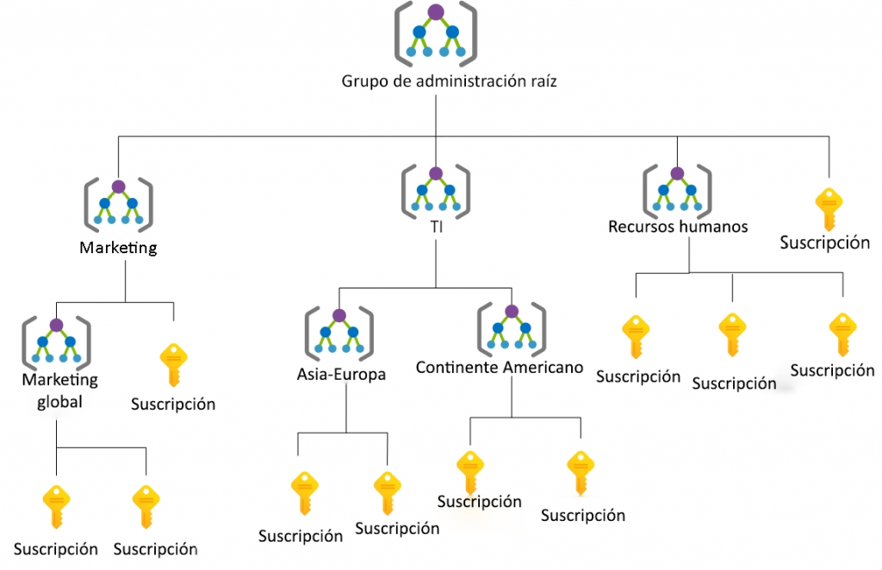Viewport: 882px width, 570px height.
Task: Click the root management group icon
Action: pos(436,34)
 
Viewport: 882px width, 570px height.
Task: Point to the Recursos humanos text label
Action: pos(678,227)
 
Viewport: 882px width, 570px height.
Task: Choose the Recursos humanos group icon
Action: pos(677,190)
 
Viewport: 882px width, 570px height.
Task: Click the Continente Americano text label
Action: pos(500,368)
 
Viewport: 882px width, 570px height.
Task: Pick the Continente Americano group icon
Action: pos(512,329)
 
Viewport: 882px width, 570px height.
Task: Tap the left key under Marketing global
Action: pos(56,507)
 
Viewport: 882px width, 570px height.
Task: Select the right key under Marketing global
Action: pos(146,507)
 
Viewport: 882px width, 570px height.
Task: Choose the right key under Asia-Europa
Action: pos(387,492)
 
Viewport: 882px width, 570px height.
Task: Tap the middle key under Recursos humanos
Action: pos(732,335)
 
